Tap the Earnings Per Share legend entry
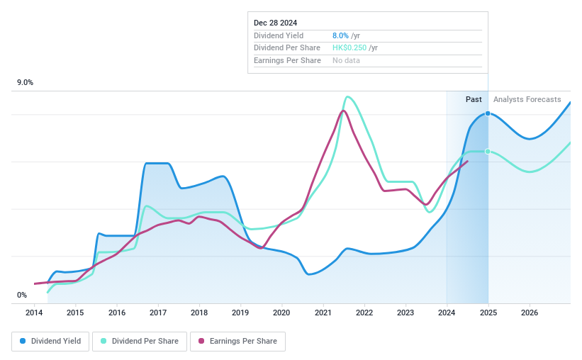pyautogui.click(x=237, y=341)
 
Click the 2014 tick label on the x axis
pyautogui.click(x=35, y=313)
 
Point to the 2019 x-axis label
pyautogui.click(x=240, y=313)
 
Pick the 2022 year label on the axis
pyautogui.click(x=364, y=313)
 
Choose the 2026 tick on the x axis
pyautogui.click(x=529, y=313)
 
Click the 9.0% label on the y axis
pyautogui.click(x=26, y=83)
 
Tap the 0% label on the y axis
pyautogui.click(x=22, y=295)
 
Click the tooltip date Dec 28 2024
pyautogui.click(x=276, y=23)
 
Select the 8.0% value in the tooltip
pyautogui.click(x=340, y=35)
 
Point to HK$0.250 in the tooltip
pyautogui.click(x=349, y=48)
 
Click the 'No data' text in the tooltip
pyautogui.click(x=346, y=61)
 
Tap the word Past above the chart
pyautogui.click(x=474, y=100)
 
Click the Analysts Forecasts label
pyautogui.click(x=527, y=100)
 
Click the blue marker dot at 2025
pyautogui.click(x=488, y=113)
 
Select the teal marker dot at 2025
pyautogui.click(x=488, y=152)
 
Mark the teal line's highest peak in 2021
pyautogui.click(x=347, y=97)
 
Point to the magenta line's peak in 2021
pyautogui.click(x=343, y=111)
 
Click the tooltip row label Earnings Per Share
pyautogui.click(x=287, y=61)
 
